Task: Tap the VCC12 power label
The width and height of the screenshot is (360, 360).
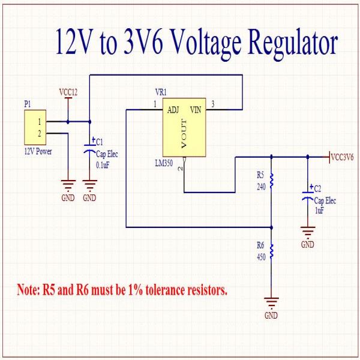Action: (68, 92)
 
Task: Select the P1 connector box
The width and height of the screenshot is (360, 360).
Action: (35, 127)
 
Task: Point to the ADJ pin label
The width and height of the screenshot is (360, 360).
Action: (173, 109)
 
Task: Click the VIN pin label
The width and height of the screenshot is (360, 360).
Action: (196, 109)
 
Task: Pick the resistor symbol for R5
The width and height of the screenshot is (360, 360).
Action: (272, 181)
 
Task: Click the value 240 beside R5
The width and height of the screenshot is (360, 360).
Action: (260, 187)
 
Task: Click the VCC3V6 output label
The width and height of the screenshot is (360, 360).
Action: (342, 157)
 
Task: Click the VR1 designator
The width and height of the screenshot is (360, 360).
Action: (161, 92)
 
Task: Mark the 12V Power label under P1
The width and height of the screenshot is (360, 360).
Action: (38, 151)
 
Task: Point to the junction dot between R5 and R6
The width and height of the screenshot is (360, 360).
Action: (272, 227)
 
